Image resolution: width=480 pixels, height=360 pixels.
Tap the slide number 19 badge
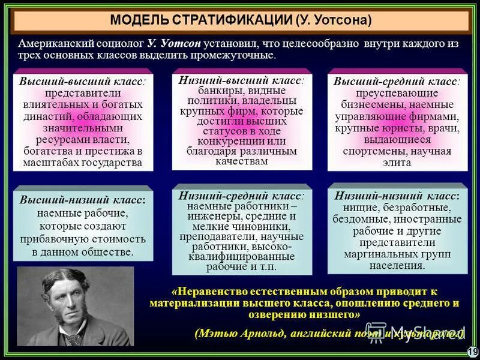[x=472, y=352]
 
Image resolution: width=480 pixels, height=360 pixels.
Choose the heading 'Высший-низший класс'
[x=82, y=200]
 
